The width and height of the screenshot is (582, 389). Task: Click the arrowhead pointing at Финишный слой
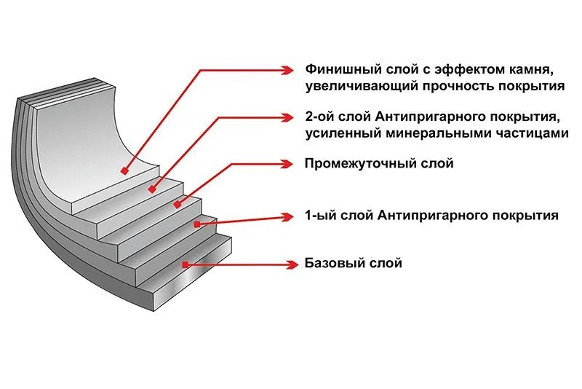pyautogui.click(x=292, y=71)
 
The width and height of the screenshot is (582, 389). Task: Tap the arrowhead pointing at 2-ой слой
pyautogui.click(x=292, y=118)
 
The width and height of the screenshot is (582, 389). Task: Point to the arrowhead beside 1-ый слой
pyautogui.click(x=292, y=216)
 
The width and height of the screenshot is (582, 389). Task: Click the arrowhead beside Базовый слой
pyautogui.click(x=292, y=262)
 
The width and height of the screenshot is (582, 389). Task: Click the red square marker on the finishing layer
pyautogui.click(x=125, y=172)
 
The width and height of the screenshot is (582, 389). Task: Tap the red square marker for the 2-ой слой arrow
pyautogui.click(x=151, y=189)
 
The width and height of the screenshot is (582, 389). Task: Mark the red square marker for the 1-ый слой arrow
pyautogui.click(x=194, y=226)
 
